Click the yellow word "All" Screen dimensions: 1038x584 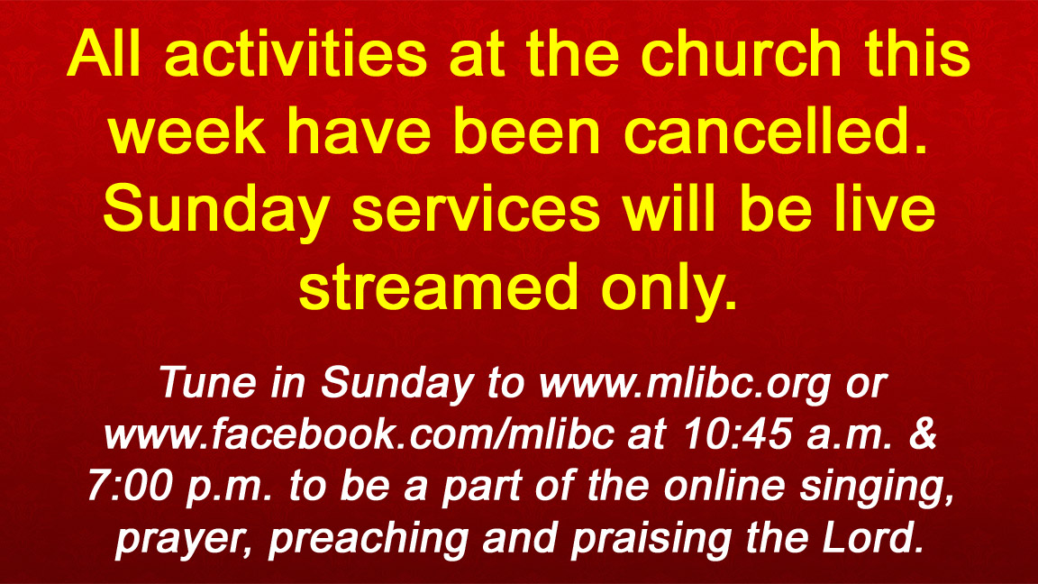point(104,53)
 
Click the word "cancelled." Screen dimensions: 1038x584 point(776,131)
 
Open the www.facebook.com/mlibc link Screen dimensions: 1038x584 point(359,434)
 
